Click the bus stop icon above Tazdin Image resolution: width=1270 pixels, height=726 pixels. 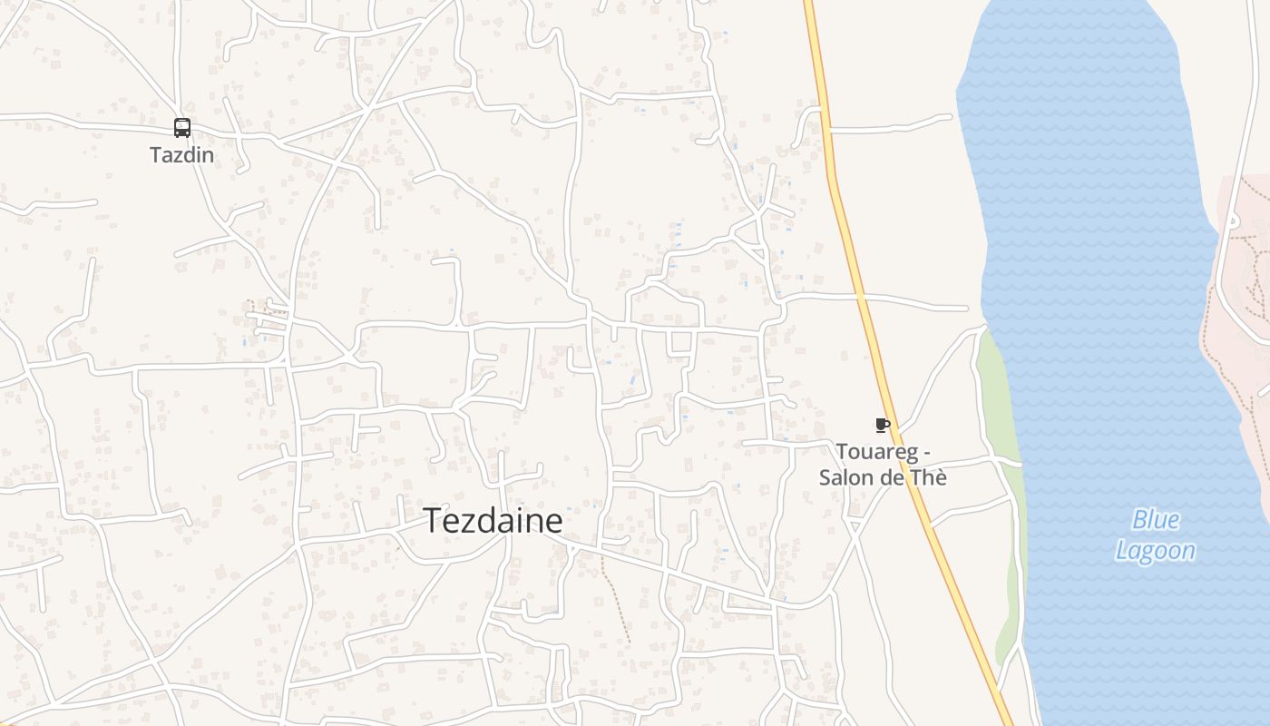coord(182,128)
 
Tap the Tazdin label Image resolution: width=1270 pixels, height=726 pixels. coord(182,154)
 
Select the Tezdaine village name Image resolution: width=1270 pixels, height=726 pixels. coord(493,521)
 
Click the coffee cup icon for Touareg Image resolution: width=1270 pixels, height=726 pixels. coord(881,425)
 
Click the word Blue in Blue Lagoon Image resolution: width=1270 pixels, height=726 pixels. coord(1156,520)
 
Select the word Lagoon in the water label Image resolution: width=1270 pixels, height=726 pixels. coord(1155,551)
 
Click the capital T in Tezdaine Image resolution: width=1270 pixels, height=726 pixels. coord(433,521)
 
